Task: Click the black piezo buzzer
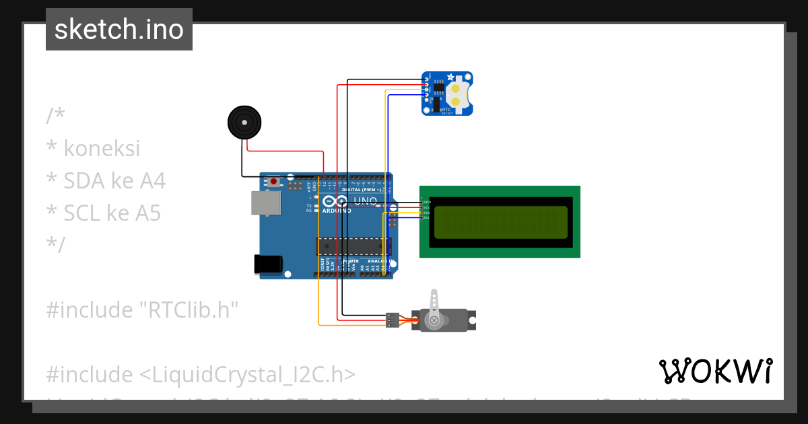point(243,123)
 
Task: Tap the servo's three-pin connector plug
point(392,320)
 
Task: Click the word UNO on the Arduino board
point(365,201)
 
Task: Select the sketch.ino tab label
point(119,30)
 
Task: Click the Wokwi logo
point(715,371)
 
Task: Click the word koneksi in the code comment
point(102,148)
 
